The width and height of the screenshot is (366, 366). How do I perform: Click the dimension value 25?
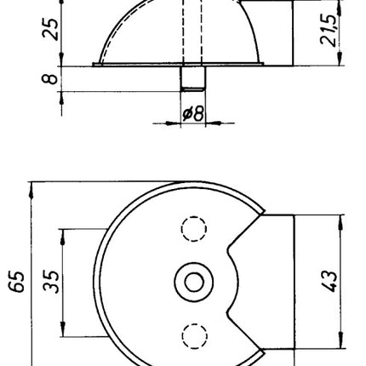click(x=51, y=32)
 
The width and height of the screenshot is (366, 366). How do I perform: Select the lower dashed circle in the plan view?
click(x=195, y=335)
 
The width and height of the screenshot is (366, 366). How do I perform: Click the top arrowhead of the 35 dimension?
click(x=65, y=232)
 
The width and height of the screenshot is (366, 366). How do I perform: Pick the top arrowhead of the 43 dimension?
click(x=340, y=220)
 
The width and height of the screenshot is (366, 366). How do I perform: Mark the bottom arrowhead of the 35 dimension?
click(x=65, y=330)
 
